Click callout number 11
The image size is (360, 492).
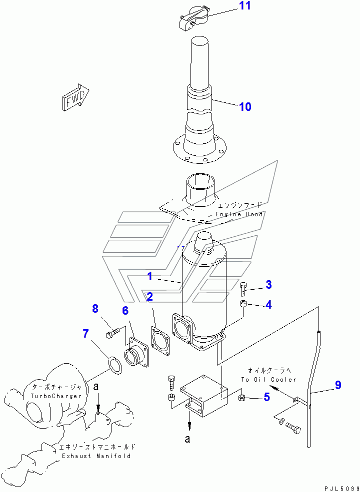(x=245, y=5)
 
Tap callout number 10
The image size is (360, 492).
(x=245, y=107)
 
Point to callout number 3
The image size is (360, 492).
(x=268, y=285)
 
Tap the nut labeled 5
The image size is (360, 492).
(x=242, y=398)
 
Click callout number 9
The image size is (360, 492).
(x=337, y=385)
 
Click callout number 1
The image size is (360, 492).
(x=150, y=276)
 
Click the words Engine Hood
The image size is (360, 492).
(x=239, y=214)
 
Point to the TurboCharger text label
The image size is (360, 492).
(x=56, y=396)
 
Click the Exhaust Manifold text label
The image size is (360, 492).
(x=96, y=456)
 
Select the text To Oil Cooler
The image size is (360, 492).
(x=268, y=379)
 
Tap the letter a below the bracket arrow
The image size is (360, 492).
(x=187, y=439)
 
